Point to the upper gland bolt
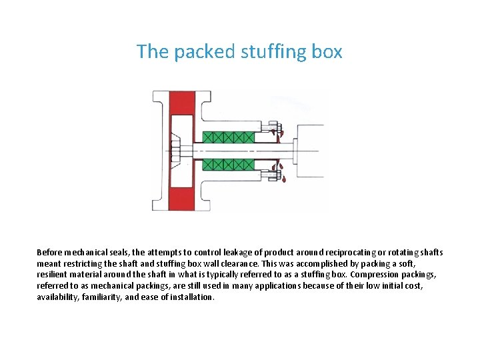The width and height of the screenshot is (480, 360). [x=273, y=126]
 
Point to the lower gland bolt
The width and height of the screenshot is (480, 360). [x=273, y=177]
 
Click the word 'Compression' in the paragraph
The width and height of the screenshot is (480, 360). [x=374, y=275]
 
